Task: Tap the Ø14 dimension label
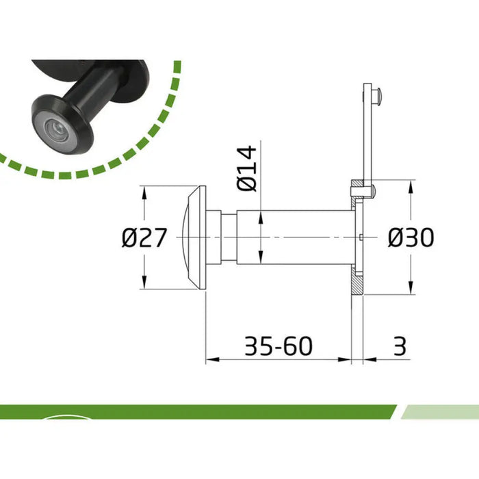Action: click(247, 168)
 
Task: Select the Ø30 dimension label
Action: click(411, 238)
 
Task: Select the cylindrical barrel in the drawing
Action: click(294, 237)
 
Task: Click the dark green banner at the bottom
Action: click(192, 412)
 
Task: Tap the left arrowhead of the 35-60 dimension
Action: click(210, 358)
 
